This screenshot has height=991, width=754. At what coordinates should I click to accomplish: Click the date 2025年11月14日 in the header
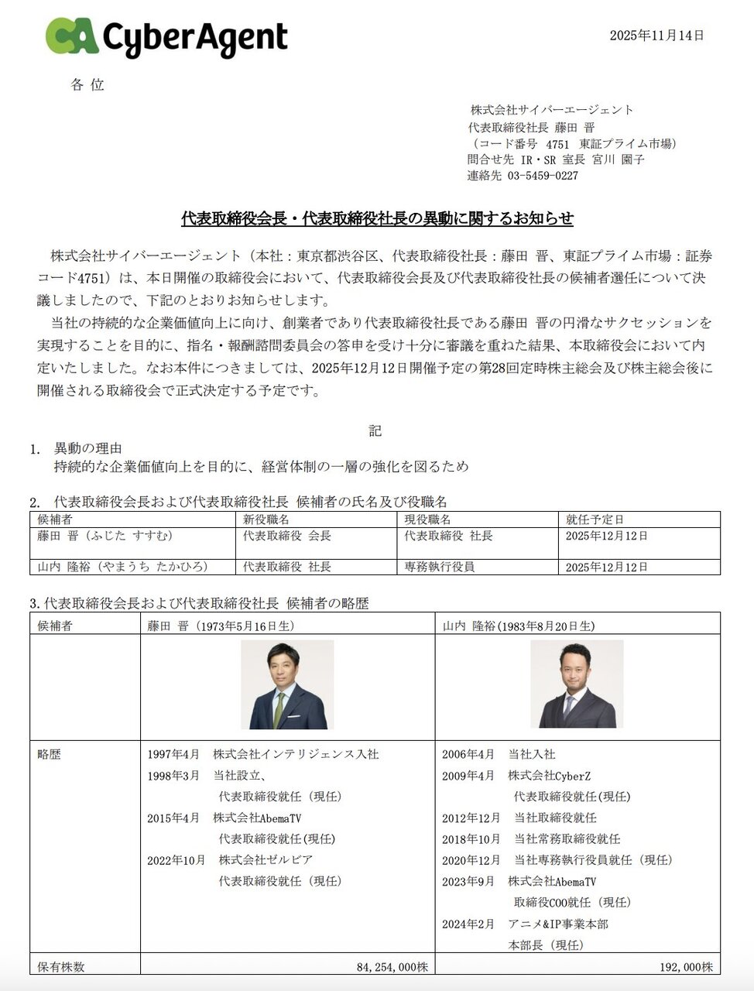pos(656,35)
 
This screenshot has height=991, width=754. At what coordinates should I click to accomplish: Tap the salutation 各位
pos(87,85)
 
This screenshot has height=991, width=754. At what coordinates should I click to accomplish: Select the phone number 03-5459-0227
pos(543,176)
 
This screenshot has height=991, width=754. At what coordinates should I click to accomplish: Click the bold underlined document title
pos(377,218)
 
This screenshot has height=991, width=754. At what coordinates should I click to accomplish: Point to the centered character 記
pos(375,430)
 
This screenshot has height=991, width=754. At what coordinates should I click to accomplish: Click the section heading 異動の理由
pos(87,448)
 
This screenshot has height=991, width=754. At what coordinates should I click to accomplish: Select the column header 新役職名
pos(266,520)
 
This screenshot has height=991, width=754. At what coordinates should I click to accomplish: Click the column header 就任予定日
pos(594,520)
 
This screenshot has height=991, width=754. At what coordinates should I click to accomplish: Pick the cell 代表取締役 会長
pos(287,536)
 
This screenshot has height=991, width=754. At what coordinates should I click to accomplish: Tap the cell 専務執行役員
pos(440,567)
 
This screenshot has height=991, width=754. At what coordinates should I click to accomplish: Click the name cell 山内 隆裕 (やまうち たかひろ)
pos(123,567)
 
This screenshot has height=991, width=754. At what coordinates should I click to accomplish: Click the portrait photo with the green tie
pos(287,684)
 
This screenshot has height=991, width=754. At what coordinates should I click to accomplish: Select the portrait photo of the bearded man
pos(577,684)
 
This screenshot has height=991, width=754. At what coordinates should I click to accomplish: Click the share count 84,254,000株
pos(392,967)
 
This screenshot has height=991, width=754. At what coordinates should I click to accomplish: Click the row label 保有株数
pos(61,967)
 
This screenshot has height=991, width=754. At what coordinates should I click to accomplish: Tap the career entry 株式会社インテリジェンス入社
pos(296,754)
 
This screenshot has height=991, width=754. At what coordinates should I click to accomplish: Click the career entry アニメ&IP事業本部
pos(557,924)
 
